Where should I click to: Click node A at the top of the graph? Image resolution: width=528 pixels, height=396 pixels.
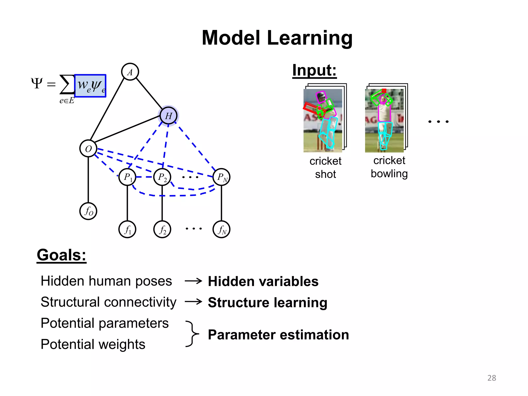pyautogui.click(x=130, y=72)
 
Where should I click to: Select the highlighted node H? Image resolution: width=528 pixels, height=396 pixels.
pyautogui.click(x=168, y=116)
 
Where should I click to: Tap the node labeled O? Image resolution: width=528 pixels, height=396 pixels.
pyautogui.click(x=88, y=148)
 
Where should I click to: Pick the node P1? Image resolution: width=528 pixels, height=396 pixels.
pyautogui.click(x=127, y=177)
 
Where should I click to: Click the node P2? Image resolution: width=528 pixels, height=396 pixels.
pyautogui.click(x=162, y=177)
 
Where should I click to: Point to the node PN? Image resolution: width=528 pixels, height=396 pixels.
pyautogui.click(x=221, y=177)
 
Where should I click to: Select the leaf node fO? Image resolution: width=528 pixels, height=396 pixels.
pyautogui.click(x=88, y=211)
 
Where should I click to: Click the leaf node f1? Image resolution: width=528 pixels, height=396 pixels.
pyautogui.click(x=127, y=229)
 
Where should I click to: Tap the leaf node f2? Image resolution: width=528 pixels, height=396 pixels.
pyautogui.click(x=162, y=229)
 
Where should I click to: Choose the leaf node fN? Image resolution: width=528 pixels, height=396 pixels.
pyautogui.click(x=221, y=229)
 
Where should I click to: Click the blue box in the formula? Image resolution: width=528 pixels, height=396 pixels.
pyautogui.click(x=90, y=86)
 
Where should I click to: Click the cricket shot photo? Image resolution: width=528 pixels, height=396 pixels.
pyautogui.click(x=323, y=120)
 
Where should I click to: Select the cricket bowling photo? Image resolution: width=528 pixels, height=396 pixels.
pyautogui.click(x=384, y=120)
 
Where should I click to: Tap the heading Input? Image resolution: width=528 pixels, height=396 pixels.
pyautogui.click(x=314, y=70)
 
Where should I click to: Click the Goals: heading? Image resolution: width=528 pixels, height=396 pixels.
pyautogui.click(x=61, y=255)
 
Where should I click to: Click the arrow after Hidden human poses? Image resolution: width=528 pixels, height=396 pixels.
pyautogui.click(x=193, y=281)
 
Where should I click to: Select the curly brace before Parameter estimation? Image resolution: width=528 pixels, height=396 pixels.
pyautogui.click(x=192, y=334)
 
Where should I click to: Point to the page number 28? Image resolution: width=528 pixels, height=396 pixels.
pyautogui.click(x=492, y=378)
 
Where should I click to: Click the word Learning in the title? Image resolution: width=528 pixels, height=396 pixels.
pyautogui.click(x=310, y=38)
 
